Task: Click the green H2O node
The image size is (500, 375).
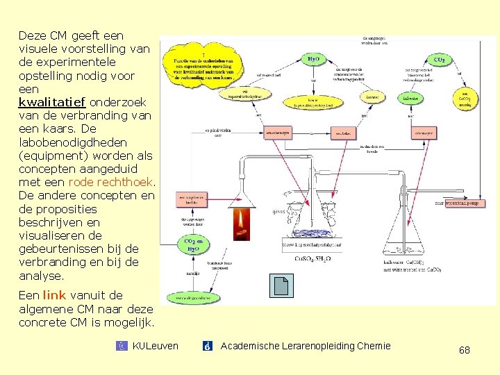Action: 313,60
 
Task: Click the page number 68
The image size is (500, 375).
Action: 464,350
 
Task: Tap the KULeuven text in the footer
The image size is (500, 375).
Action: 155,346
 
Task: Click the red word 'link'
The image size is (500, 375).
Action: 54,295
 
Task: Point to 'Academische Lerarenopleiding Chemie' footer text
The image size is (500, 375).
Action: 306,346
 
